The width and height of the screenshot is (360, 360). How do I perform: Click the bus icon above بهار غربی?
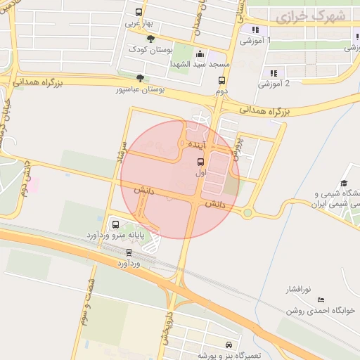[139, 12]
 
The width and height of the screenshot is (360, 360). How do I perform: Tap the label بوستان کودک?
[151, 51]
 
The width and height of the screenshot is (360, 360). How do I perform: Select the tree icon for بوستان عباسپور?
[143, 78]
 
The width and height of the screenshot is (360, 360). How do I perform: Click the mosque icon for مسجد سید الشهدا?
[200, 53]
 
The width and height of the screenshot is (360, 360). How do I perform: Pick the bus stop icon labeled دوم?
[221, 81]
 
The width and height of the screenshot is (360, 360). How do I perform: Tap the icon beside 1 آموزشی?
[255, 30]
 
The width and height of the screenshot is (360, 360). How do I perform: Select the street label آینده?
[196, 143]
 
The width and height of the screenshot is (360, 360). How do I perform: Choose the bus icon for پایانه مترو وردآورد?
[115, 226]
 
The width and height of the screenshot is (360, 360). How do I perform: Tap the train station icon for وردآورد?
[129, 252]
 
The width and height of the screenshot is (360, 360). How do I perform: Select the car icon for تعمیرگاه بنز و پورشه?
[229, 345]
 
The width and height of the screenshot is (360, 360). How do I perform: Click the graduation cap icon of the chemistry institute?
[345, 184]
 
